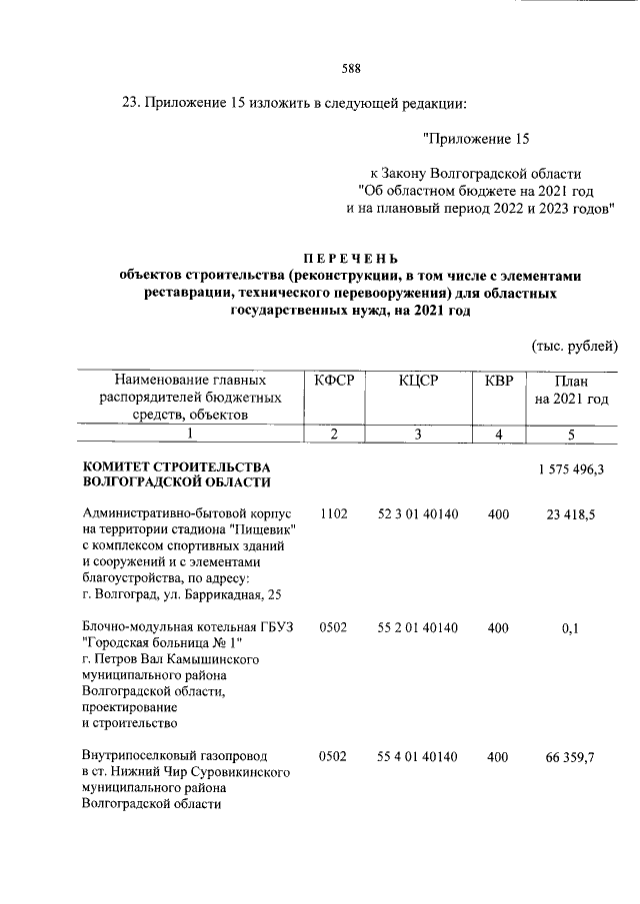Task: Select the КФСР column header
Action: coord(334,381)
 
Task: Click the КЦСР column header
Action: coord(418,381)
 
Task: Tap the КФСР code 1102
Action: coord(333,513)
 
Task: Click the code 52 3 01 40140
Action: coord(418,513)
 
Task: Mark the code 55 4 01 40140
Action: coord(418,758)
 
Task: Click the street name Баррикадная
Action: coord(216,597)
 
